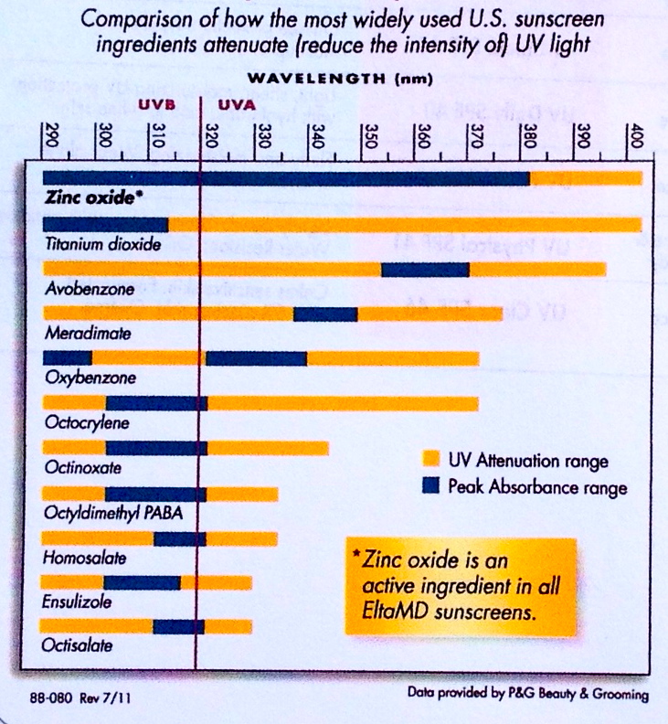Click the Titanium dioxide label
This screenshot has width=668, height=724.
102,244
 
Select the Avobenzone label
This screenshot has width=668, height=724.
90,289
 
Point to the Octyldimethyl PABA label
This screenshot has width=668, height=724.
112,512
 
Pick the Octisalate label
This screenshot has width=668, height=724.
79,646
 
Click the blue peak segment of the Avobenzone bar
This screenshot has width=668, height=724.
425,269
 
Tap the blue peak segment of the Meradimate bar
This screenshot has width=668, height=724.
324,314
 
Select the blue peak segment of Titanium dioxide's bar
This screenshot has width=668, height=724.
105,224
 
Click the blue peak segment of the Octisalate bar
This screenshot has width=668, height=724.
178,626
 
